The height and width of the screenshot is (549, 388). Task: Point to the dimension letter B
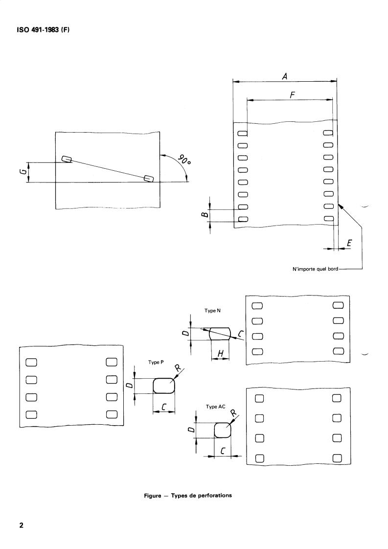coord(205,213)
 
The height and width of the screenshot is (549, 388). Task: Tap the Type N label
coord(212,311)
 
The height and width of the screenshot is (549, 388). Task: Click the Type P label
coord(156,362)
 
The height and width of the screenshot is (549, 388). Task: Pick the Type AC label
coord(215,407)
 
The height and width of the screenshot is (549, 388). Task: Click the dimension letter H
coord(221,354)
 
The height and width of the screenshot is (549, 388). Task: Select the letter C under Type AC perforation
coord(223,451)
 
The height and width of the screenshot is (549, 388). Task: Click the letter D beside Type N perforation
coord(185,333)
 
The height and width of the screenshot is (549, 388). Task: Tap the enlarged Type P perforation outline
coord(164,386)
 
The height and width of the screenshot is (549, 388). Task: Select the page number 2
coord(22,526)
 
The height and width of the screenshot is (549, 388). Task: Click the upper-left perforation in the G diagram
coord(67,159)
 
